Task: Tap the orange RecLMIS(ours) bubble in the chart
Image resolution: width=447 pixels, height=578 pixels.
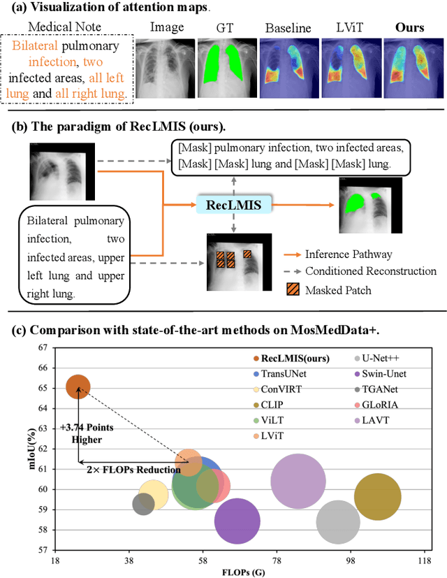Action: point(78,386)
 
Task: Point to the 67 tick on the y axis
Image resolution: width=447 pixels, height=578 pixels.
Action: point(43,347)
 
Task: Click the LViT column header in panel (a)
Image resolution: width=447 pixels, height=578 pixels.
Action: point(349,28)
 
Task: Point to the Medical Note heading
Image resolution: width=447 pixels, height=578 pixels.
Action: point(64,28)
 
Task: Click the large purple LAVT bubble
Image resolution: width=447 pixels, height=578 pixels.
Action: point(298,481)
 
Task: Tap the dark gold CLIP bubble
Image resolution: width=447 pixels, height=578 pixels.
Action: point(377,496)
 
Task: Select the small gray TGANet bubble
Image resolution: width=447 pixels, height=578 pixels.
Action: point(143,503)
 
